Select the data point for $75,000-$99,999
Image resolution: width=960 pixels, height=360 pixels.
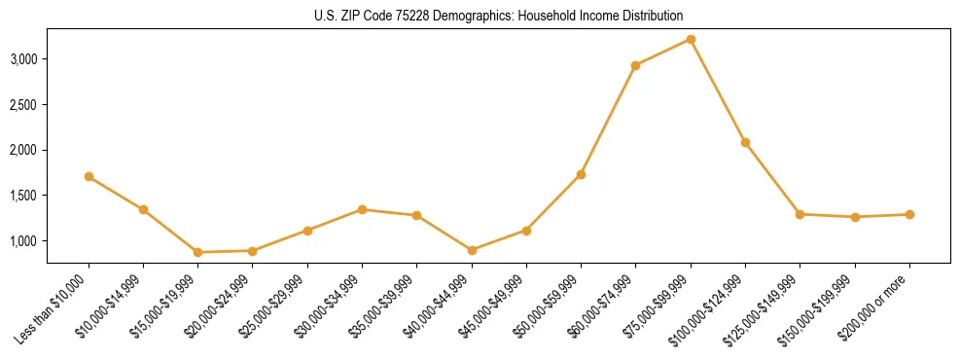pos(691,39)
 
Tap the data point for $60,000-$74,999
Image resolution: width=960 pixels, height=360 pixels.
pos(635,65)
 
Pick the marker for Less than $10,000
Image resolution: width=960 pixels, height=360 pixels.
pos(89,176)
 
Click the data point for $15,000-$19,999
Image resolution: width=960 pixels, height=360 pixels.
pos(197,252)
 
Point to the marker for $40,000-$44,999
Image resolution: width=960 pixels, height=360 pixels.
pos(472,250)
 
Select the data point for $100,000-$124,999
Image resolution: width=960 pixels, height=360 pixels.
pos(745,142)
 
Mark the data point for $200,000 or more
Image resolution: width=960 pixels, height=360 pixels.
pos(909,214)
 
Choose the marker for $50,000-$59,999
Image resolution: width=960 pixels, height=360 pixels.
pos(581,174)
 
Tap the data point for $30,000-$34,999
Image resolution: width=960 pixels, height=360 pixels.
pos(362,209)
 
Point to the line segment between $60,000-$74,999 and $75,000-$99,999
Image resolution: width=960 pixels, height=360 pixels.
pos(663,53)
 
